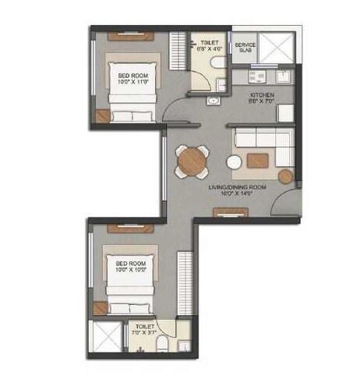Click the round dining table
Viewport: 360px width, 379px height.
(191, 161)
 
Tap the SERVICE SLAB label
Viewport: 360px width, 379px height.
(245, 48)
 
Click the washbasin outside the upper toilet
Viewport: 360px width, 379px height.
(212, 101)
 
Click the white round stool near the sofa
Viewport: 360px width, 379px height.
(234, 163)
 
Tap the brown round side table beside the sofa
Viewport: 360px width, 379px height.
(286, 176)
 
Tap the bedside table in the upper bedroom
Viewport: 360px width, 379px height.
(102, 116)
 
